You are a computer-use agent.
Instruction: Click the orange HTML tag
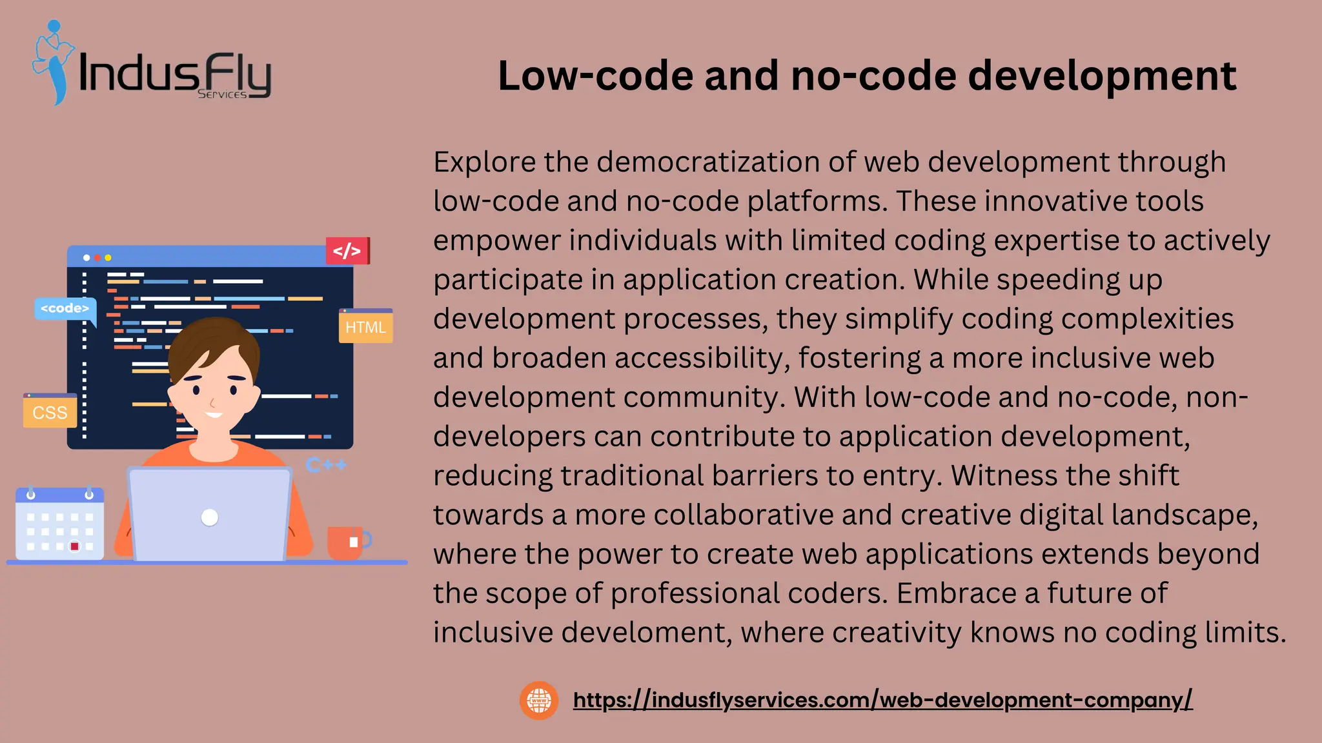point(365,326)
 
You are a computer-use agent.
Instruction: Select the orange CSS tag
point(50,411)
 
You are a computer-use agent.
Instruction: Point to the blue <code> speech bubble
point(65,308)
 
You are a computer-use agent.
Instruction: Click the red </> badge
point(347,251)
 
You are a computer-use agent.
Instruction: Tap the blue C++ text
point(327,465)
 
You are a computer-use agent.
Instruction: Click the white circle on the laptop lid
point(210,517)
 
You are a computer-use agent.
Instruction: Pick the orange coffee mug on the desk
point(347,542)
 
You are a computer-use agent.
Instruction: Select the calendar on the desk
point(59,524)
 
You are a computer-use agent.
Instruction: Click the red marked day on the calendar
point(75,546)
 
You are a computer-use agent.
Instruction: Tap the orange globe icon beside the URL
point(539,700)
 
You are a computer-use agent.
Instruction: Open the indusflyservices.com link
point(882,700)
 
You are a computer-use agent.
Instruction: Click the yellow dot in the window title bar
point(108,258)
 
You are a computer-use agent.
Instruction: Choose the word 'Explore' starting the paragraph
point(484,162)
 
